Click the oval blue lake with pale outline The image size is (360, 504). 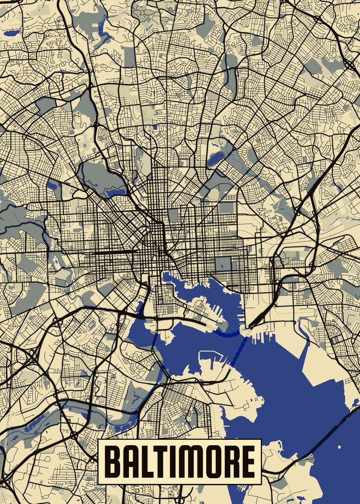215,158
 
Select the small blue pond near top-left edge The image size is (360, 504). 11,32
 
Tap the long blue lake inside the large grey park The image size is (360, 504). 116,192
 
